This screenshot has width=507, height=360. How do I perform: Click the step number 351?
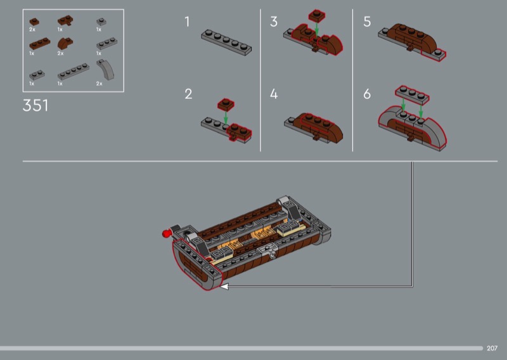point(35,105)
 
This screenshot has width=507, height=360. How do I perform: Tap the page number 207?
point(492,349)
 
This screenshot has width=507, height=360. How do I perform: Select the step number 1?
point(187,22)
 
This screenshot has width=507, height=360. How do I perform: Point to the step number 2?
point(188,94)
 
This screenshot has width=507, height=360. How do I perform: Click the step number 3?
point(274,22)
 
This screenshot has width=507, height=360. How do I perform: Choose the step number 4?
point(274,94)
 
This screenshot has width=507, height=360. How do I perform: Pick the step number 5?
point(367,22)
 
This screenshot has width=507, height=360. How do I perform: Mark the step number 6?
point(367,94)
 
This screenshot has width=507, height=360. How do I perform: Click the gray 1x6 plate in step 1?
point(226,42)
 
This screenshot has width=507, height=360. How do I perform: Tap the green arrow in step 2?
point(226,117)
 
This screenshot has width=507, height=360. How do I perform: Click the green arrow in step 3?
point(317,29)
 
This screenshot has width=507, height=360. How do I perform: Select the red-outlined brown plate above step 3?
point(317,16)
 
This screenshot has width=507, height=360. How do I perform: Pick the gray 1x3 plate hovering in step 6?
point(413,95)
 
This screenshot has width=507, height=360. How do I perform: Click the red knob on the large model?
point(167,233)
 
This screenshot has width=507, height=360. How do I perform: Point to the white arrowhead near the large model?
point(224,286)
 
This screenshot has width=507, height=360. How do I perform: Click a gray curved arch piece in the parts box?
point(106,70)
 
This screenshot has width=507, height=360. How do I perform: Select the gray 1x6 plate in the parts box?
point(74,72)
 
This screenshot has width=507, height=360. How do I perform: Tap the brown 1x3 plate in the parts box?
point(40,44)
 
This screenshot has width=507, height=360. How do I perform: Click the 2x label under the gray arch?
point(99,84)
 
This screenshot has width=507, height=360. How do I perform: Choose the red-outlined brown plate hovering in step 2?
point(226,105)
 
